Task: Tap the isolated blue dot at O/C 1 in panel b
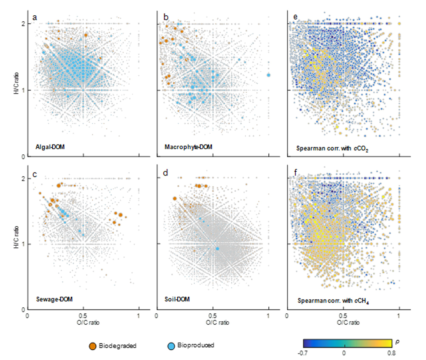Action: click(x=269, y=75)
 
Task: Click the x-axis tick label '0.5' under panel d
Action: click(x=212, y=316)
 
